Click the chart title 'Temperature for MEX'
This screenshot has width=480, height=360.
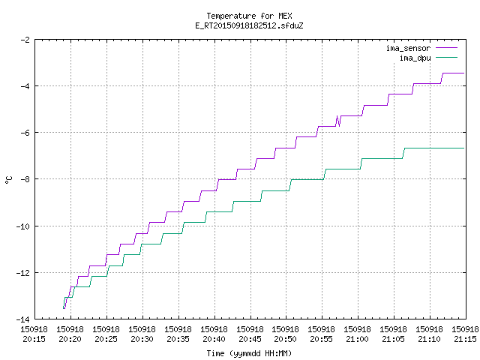(249, 16)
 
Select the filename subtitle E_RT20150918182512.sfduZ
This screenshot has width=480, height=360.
(249, 25)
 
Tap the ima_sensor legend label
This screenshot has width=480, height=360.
(408, 48)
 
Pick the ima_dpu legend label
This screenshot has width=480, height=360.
(415, 58)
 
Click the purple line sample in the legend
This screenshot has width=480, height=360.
(447, 48)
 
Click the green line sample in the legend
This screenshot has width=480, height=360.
(447, 57)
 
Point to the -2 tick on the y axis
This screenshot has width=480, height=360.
(25, 40)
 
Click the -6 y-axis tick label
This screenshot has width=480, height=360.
(25, 133)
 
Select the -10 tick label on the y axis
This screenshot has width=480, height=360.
(23, 226)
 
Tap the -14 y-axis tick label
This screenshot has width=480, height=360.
(23, 319)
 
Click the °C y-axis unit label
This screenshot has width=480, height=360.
(9, 180)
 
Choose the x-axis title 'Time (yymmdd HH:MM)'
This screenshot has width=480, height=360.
(249, 353)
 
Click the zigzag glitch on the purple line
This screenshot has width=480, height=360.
(338, 121)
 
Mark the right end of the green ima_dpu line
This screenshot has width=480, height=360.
(464, 148)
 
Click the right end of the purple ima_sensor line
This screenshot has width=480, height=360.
(464, 73)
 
